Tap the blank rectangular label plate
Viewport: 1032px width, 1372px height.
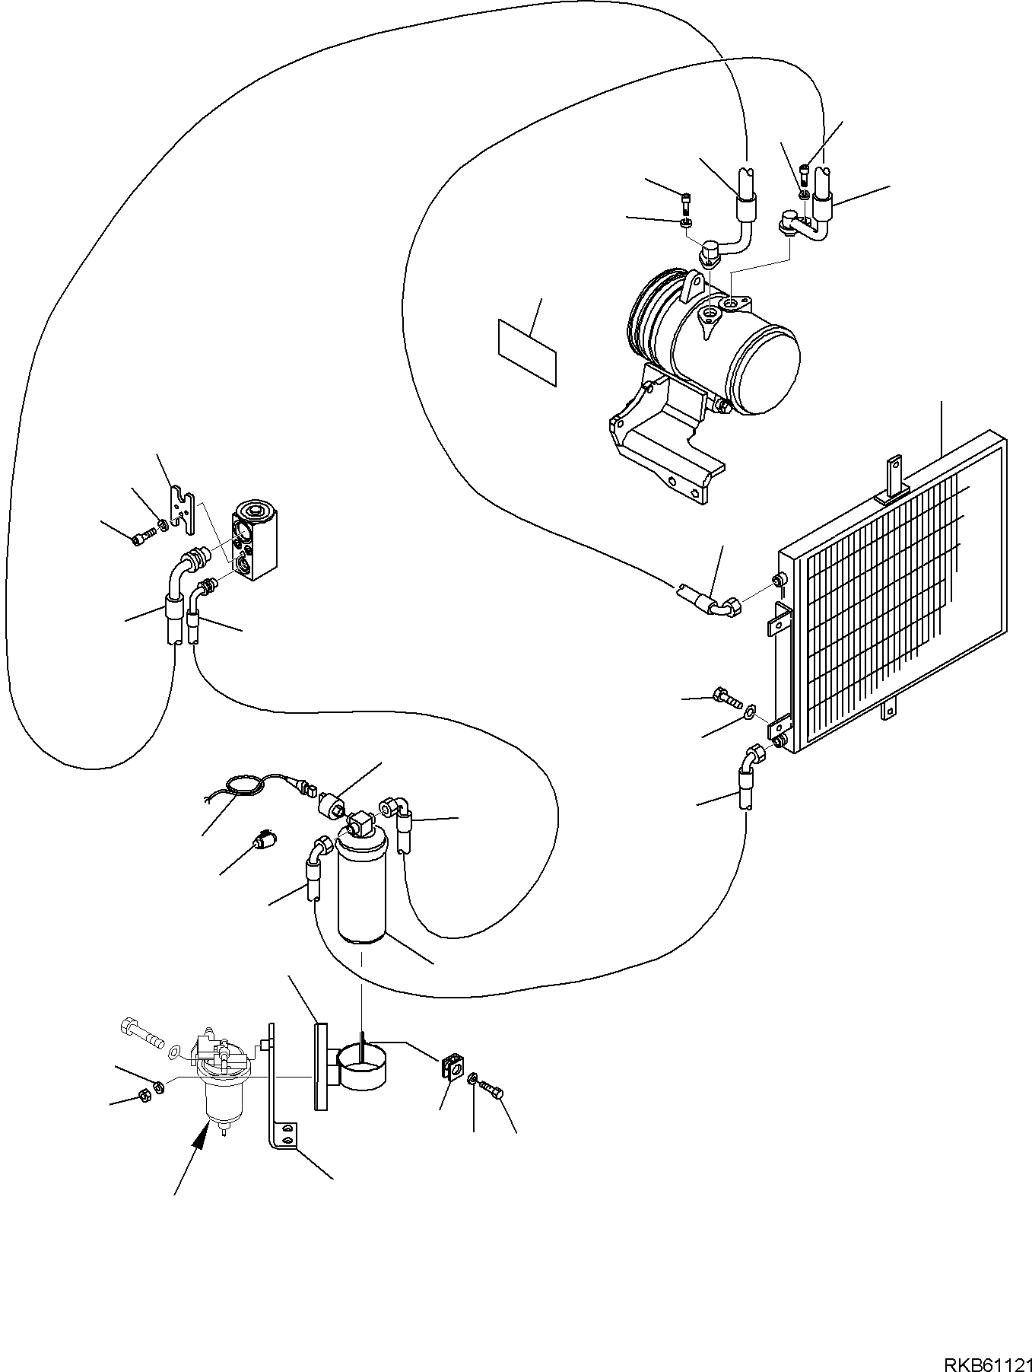pyautogui.click(x=526, y=352)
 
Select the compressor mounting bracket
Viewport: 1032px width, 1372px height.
pyautogui.click(x=662, y=441)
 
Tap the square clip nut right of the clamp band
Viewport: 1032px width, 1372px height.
pyautogui.click(x=452, y=1067)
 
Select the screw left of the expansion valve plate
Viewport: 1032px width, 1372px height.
pyautogui.click(x=142, y=538)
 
